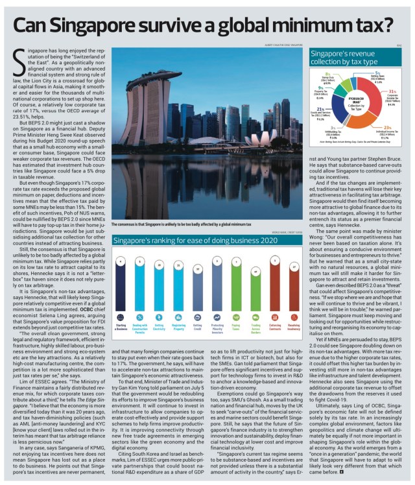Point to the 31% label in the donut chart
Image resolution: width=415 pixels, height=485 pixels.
pyautogui.click(x=393, y=91)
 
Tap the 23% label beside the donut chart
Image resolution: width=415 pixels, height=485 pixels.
pyautogui.click(x=388, y=126)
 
